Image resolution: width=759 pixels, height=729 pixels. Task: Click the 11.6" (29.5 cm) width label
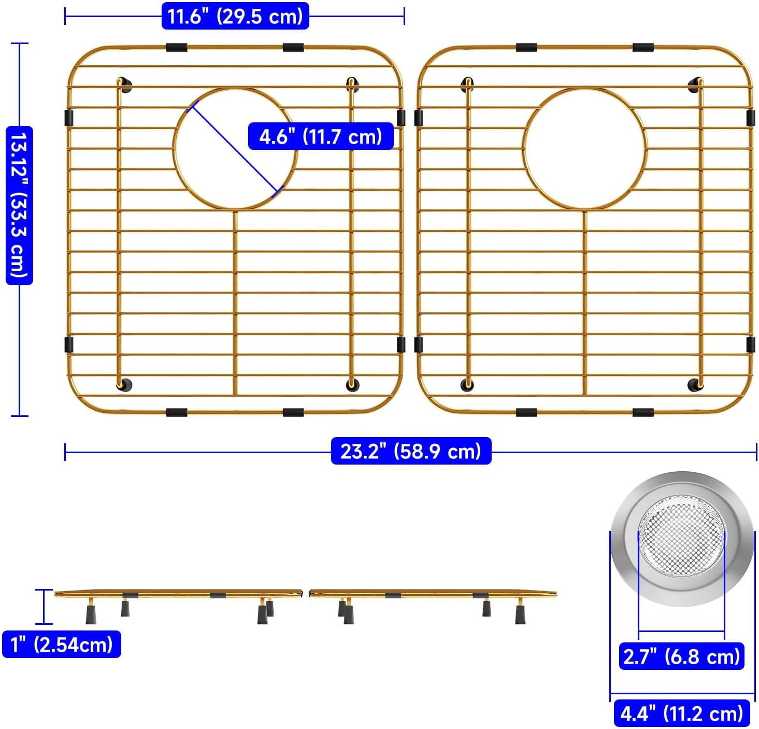235,17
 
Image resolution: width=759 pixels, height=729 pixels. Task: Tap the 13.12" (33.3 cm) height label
19,205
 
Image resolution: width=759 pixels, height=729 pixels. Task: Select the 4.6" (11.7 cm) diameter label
321,137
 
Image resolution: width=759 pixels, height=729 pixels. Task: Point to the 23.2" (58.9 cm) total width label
411,451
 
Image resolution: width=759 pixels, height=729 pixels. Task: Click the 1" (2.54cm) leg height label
62,644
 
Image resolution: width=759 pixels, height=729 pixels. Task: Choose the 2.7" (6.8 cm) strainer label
681,656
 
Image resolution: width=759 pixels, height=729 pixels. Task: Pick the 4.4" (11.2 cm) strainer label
681,713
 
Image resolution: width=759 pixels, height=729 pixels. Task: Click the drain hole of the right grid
585,149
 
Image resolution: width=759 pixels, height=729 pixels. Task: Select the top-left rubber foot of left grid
124,85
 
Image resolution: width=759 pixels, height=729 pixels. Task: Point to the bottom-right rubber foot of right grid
694,385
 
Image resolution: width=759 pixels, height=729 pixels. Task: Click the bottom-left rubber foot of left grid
124,385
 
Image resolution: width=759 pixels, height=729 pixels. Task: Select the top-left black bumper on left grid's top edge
177,48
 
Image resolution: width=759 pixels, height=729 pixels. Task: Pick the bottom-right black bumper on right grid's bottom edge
643,413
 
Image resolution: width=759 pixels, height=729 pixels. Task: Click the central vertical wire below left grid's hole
235,301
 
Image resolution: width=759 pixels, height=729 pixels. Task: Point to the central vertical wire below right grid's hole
585,301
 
